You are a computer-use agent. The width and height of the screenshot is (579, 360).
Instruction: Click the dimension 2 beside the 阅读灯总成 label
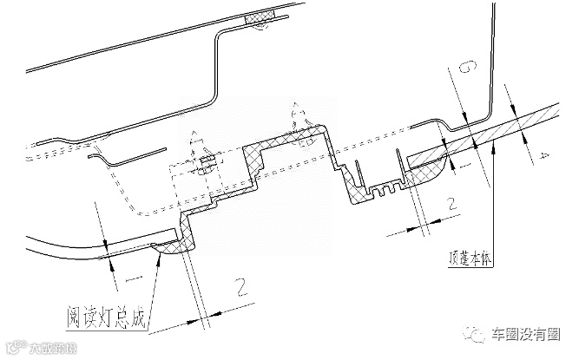coord(240,285)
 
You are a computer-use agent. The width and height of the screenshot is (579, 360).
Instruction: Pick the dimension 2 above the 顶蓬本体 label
coord(451,206)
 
